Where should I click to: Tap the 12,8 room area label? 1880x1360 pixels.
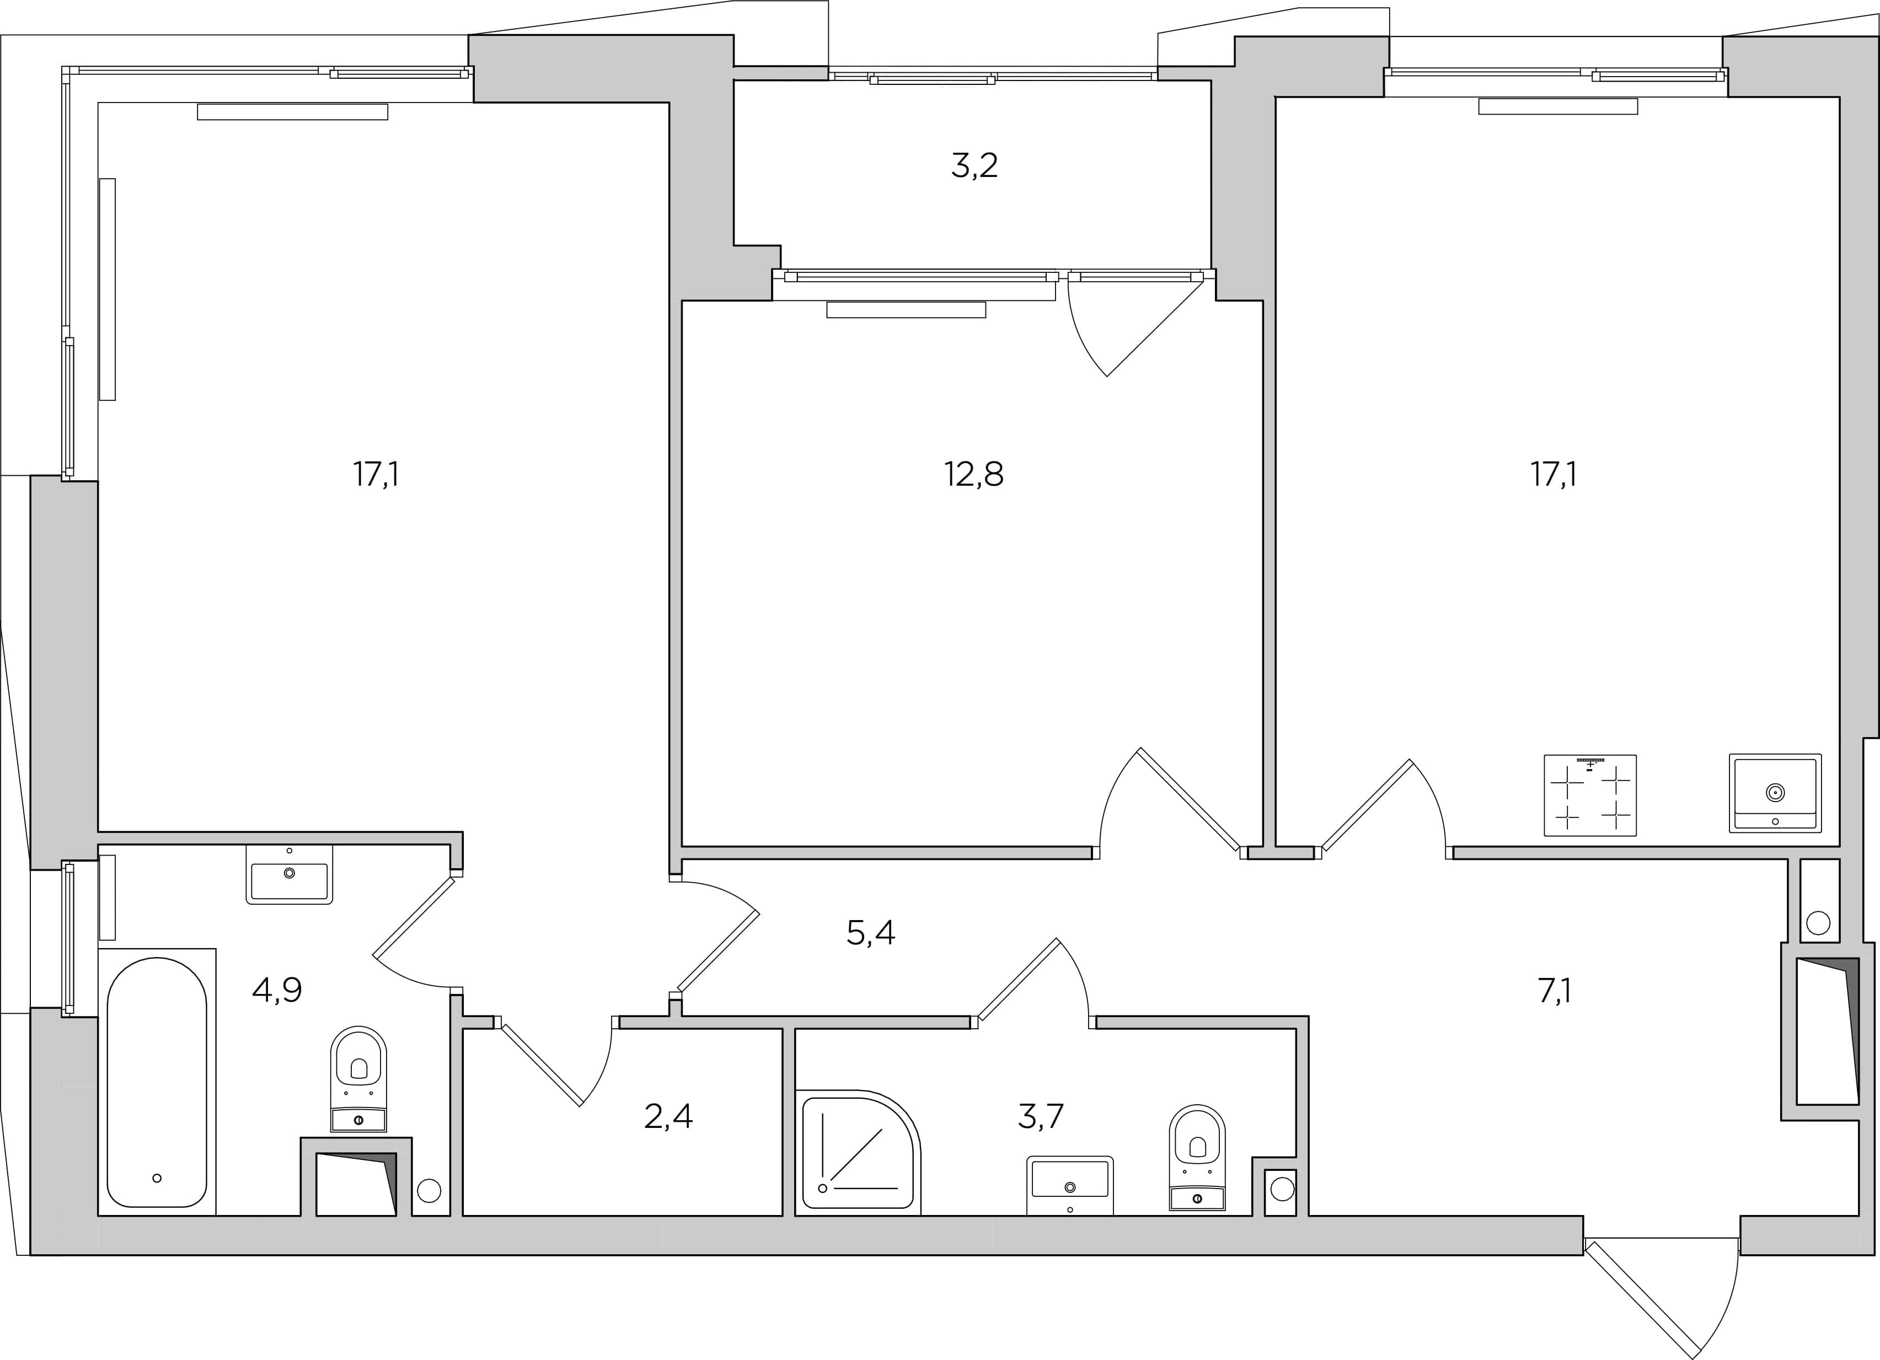973,475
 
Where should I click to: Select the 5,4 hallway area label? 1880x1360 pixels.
870,934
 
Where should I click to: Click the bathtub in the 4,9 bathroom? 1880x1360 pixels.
157,1082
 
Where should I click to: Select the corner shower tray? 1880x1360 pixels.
858,1153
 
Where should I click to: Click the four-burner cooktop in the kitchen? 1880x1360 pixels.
1590,795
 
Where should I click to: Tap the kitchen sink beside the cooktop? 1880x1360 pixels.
1775,793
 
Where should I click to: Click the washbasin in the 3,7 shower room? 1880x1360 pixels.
1069,1186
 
